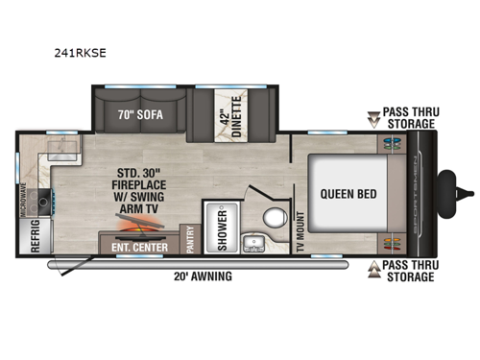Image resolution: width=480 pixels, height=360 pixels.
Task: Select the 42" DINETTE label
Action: click(230, 110)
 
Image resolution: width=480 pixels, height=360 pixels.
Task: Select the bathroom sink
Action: click(253, 242)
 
